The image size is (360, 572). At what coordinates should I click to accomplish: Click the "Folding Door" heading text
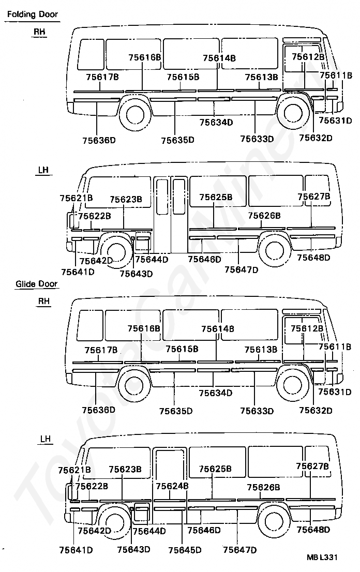(x=32, y=14)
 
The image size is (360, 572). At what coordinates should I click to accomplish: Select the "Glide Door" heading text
(x=36, y=284)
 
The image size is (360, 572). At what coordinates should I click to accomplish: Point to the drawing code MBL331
(x=322, y=558)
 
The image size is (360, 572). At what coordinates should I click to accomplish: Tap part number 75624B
(x=172, y=486)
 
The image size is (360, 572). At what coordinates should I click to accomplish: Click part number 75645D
(x=184, y=550)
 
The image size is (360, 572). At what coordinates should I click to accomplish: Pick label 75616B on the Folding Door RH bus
(x=145, y=57)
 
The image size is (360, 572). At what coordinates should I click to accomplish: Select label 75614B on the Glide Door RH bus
(x=217, y=328)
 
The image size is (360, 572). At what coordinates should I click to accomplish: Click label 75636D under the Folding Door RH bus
(x=98, y=140)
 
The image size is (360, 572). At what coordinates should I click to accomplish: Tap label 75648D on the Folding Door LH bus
(x=313, y=258)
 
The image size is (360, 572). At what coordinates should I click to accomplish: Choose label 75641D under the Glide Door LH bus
(x=76, y=550)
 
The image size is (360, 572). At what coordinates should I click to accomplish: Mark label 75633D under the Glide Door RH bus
(x=257, y=411)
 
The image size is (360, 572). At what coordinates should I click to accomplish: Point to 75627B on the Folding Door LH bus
(x=313, y=197)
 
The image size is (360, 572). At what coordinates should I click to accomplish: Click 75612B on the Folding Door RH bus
(x=308, y=56)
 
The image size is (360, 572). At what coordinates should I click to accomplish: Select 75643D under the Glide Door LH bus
(x=133, y=549)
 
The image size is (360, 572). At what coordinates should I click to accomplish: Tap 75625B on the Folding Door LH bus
(x=216, y=197)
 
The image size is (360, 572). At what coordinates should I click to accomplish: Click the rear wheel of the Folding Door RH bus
(x=135, y=114)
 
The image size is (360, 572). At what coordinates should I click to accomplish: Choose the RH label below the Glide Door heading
(x=44, y=300)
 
